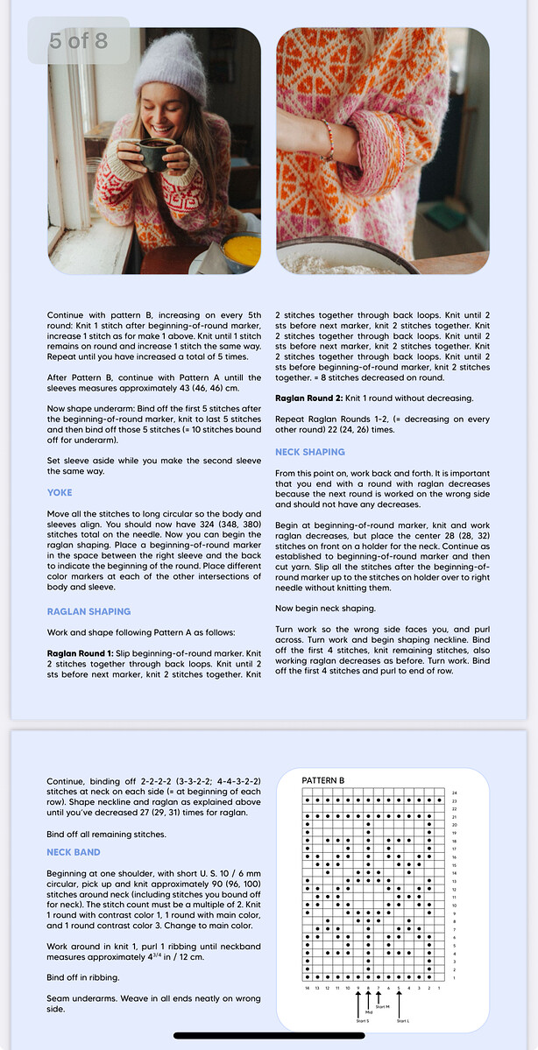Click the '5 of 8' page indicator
click(78, 40)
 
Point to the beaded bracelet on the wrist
click(329, 140)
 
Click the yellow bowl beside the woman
click(241, 250)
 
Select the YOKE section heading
click(60, 492)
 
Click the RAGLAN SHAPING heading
click(88, 611)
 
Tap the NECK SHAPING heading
click(310, 452)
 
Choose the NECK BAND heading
click(74, 852)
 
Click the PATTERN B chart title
click(323, 779)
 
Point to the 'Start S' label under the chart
click(362, 1021)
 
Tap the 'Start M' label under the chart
click(382, 1007)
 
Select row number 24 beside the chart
click(455, 793)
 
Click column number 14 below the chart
click(308, 987)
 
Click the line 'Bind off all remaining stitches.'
click(106, 834)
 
